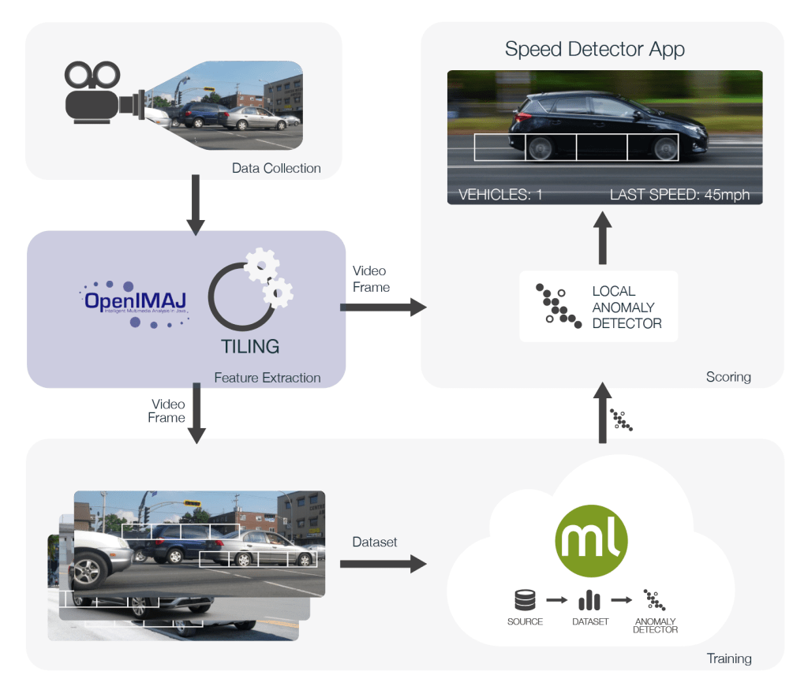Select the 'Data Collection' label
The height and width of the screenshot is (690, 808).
(x=276, y=168)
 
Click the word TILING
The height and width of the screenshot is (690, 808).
(x=250, y=346)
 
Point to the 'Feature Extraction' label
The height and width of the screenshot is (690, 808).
(x=267, y=378)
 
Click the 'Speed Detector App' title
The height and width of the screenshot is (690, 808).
(x=594, y=49)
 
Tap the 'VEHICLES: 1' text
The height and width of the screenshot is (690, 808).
(x=500, y=194)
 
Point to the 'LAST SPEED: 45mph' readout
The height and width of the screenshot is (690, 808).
(x=679, y=194)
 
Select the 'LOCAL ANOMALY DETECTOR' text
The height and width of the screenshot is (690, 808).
(x=627, y=307)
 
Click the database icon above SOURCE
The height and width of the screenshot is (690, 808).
(x=525, y=601)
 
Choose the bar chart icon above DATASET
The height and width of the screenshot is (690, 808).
(x=589, y=601)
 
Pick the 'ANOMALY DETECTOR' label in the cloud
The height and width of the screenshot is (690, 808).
(x=656, y=625)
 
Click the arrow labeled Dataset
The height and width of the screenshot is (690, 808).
(x=382, y=564)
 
